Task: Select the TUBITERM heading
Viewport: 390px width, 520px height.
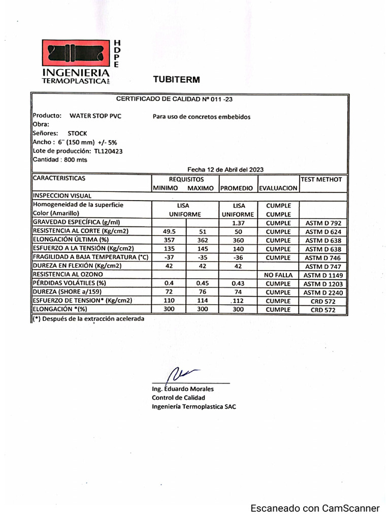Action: click(x=176, y=79)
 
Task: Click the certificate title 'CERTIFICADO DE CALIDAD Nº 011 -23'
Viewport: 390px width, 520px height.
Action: click(x=174, y=99)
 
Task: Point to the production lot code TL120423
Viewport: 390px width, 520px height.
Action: click(x=108, y=151)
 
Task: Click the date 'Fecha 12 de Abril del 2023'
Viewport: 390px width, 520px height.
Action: click(x=225, y=170)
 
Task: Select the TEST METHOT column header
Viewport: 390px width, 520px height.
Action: click(x=321, y=179)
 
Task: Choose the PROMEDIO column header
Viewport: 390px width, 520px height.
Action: click(x=236, y=188)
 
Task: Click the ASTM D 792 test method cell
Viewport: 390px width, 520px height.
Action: click(x=323, y=223)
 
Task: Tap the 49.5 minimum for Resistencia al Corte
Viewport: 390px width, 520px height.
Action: click(x=166, y=232)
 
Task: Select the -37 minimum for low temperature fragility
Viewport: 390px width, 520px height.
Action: click(x=166, y=257)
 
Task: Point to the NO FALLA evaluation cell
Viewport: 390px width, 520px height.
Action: click(x=278, y=275)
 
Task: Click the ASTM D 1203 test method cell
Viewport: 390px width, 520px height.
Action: click(x=323, y=283)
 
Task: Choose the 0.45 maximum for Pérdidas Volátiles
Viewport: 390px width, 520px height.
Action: click(x=202, y=283)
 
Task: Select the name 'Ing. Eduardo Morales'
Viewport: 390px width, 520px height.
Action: click(x=183, y=389)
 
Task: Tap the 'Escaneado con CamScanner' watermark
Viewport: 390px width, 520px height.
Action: click(x=315, y=508)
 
